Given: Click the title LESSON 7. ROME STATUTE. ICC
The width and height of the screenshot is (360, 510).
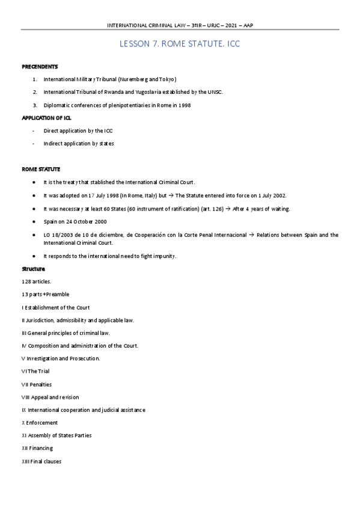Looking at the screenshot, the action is [x=180, y=45].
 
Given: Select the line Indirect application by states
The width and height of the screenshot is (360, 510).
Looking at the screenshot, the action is [x=79, y=143].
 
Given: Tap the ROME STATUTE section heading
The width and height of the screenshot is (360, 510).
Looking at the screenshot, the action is [x=40, y=169].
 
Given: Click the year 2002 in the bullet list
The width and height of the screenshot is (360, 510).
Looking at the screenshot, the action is [x=279, y=195].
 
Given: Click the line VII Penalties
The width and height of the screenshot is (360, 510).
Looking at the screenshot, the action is [x=37, y=384].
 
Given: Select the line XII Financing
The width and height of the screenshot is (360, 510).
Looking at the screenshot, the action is [x=37, y=448].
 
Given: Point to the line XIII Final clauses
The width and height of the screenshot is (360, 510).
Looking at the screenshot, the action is [x=41, y=461].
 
